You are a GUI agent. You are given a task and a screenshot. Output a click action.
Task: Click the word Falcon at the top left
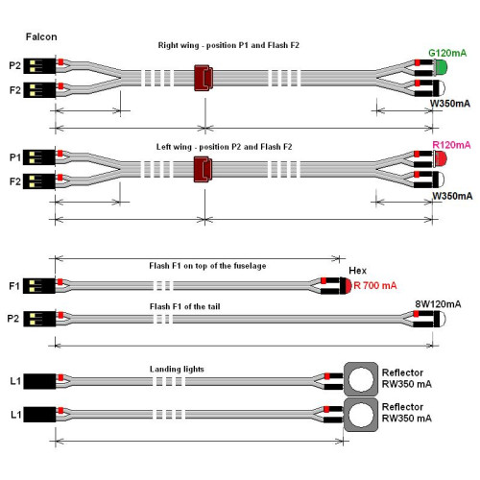(41, 36)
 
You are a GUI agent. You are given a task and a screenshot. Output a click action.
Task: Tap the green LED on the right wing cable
(442, 67)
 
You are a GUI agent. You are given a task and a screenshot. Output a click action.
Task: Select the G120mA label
(447, 53)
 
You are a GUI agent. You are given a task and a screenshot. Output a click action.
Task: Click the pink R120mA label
(451, 145)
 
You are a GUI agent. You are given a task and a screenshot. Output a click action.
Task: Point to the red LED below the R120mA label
(441, 158)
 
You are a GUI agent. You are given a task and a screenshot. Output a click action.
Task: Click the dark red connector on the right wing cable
(204, 78)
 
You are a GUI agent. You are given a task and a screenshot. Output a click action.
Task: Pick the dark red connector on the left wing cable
(203, 169)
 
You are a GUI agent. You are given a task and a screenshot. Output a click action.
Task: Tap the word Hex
(357, 271)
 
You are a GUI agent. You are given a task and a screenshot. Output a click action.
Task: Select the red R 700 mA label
(375, 285)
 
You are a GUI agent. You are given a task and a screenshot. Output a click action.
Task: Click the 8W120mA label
(438, 304)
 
